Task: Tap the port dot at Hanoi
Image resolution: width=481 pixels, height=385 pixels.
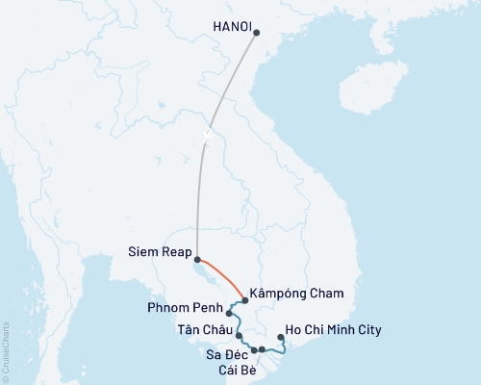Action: tap(256, 33)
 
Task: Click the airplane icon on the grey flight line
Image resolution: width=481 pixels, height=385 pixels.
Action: tap(207, 133)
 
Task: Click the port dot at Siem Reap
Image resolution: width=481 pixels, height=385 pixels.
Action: tap(197, 259)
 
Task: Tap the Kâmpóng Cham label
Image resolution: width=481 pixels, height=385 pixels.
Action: tap(295, 293)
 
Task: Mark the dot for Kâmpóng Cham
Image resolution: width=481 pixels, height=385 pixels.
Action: tap(244, 301)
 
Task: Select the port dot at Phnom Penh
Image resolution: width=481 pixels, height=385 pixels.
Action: tap(229, 313)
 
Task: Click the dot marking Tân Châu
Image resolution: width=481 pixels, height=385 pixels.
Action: tap(237, 336)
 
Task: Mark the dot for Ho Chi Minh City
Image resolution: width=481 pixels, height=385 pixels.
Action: tap(280, 338)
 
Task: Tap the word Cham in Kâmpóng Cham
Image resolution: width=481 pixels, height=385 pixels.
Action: tap(324, 293)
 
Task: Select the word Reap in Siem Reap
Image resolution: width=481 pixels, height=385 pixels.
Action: tap(175, 255)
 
